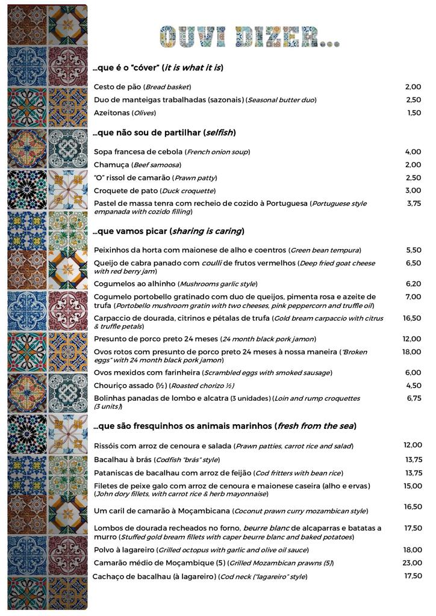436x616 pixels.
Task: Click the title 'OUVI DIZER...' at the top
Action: point(249,37)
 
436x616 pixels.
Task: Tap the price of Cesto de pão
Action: point(413,87)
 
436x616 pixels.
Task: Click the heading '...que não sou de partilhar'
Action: point(147,132)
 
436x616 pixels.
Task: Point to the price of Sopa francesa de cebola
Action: point(413,152)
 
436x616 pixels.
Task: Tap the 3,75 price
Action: point(414,203)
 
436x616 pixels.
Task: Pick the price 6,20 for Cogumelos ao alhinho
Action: point(413,283)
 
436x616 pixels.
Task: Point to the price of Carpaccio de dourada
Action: point(412,318)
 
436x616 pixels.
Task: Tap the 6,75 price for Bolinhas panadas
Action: point(414,398)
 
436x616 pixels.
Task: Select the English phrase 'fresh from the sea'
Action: point(316,426)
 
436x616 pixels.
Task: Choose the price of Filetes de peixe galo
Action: point(413,485)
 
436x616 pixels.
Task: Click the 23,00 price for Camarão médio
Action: point(413,563)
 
